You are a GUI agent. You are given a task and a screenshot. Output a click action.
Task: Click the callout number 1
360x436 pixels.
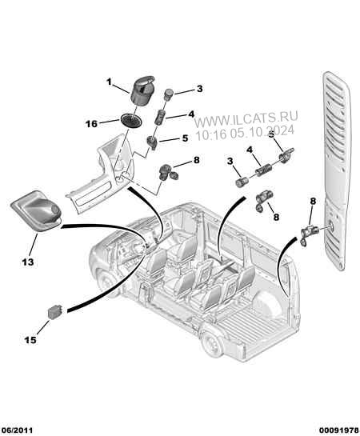pyautogui.click(x=109, y=82)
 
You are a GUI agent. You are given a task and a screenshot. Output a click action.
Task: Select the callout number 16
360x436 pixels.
pyautogui.click(x=91, y=124)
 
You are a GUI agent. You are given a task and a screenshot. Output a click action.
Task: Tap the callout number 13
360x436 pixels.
pyautogui.click(x=28, y=262)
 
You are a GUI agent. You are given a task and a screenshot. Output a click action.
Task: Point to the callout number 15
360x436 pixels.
pyautogui.click(x=30, y=340)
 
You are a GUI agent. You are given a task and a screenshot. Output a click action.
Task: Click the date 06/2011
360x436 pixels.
pyautogui.click(x=17, y=430)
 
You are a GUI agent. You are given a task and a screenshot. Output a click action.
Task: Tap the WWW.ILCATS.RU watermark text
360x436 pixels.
pyautogui.click(x=246, y=117)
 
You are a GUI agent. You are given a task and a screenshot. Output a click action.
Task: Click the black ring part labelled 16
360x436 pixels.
pyautogui.click(x=131, y=120)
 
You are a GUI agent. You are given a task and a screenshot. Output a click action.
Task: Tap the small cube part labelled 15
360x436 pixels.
pyautogui.click(x=54, y=312)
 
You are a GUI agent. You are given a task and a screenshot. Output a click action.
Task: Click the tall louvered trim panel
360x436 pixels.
pyautogui.click(x=337, y=170)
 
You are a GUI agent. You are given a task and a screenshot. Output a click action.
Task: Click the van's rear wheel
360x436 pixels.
pyautogui.click(x=213, y=344)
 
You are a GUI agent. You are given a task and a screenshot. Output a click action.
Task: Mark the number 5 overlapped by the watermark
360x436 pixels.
pyautogui.click(x=271, y=134)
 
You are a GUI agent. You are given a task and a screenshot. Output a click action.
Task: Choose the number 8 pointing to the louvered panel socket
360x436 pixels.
pyautogui.click(x=313, y=201)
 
